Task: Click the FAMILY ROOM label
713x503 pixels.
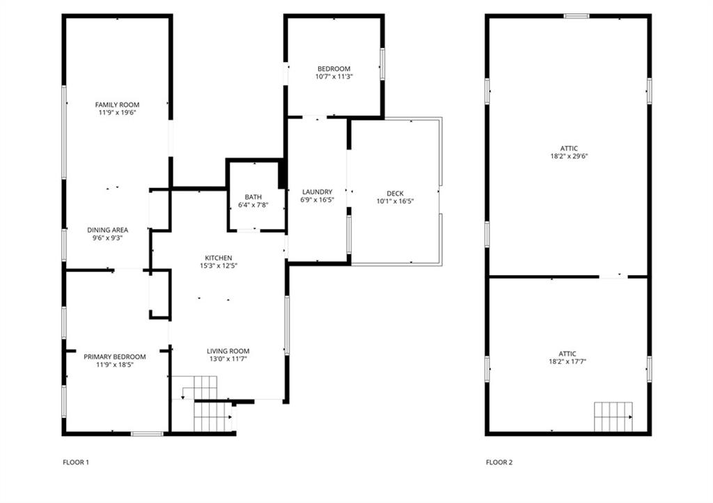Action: [117, 105]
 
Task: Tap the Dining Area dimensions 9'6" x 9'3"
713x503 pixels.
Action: [108, 238]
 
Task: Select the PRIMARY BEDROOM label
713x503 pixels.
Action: [115, 357]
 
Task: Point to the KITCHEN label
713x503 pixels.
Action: [219, 258]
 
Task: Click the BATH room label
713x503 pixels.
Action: [253, 197]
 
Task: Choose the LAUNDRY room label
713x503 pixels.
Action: [317, 192]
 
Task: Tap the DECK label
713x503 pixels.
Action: [395, 193]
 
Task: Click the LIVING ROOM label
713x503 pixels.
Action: [228, 351]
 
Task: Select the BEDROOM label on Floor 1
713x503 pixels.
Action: [334, 69]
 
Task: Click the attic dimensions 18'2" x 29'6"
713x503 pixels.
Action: [569, 156]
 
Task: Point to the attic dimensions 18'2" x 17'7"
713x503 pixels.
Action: [567, 362]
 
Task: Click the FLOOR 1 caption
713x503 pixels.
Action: [75, 463]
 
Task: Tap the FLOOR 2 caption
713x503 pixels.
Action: [499, 463]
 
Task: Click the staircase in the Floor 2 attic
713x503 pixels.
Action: [613, 417]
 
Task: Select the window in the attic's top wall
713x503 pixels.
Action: [577, 17]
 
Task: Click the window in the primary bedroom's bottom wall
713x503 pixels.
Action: [147, 434]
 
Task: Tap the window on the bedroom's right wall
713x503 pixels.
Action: [382, 65]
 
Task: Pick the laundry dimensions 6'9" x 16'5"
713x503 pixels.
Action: [317, 200]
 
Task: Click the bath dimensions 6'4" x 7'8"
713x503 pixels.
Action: [253, 205]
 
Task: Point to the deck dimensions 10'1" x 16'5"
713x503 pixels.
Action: [395, 201]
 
